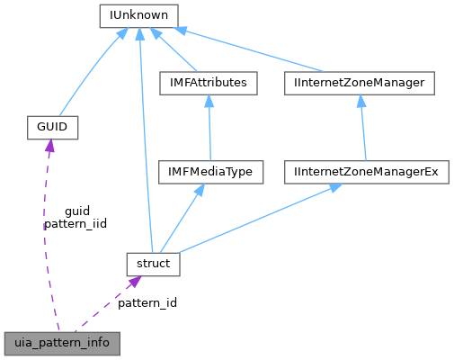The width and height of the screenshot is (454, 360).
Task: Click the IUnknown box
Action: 138,15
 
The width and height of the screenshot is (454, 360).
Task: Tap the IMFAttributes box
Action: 208,83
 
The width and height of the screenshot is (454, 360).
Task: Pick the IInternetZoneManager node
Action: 359,83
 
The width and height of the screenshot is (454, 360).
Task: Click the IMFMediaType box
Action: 209,171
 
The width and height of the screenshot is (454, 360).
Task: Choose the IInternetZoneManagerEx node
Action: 366,171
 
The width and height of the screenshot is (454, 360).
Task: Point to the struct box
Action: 153,264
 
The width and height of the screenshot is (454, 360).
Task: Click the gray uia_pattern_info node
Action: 60,343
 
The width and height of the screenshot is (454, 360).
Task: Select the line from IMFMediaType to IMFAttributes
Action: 209,127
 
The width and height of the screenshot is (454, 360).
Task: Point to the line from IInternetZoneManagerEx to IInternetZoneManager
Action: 361,127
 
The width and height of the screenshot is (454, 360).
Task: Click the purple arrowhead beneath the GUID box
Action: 48,146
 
